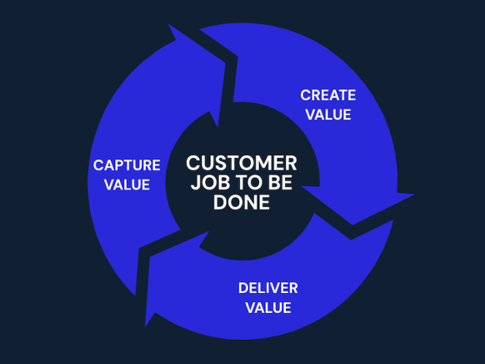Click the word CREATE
[327, 95]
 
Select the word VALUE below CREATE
[328, 114]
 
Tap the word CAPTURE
[127, 165]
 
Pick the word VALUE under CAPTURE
[127, 185]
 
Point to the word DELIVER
[267, 288]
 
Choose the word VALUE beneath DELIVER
[268, 307]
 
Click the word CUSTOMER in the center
[242, 163]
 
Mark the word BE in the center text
[280, 183]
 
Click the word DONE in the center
[242, 202]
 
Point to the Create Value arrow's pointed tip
[414, 195]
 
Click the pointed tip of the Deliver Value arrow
[145, 326]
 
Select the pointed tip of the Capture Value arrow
[168, 24]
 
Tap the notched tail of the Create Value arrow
[237, 57]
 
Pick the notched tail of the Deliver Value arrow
[351, 239]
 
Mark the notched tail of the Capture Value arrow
[139, 248]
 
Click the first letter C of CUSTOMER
[193, 163]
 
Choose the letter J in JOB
[195, 183]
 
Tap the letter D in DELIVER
[243, 288]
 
